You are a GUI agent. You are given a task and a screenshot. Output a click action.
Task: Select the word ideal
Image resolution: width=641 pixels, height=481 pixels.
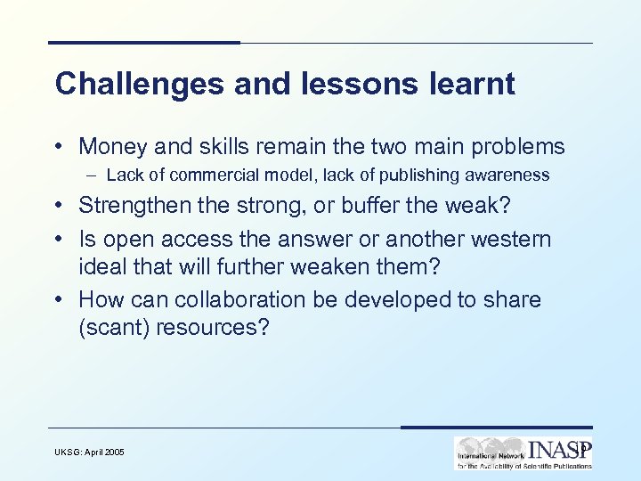(102, 266)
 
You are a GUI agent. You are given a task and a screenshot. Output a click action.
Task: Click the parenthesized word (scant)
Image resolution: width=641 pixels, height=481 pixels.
(113, 327)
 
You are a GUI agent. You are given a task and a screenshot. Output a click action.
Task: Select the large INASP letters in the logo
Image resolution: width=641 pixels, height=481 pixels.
(559, 448)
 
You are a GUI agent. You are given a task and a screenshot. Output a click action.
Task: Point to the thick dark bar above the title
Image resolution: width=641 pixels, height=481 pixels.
(143, 42)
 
